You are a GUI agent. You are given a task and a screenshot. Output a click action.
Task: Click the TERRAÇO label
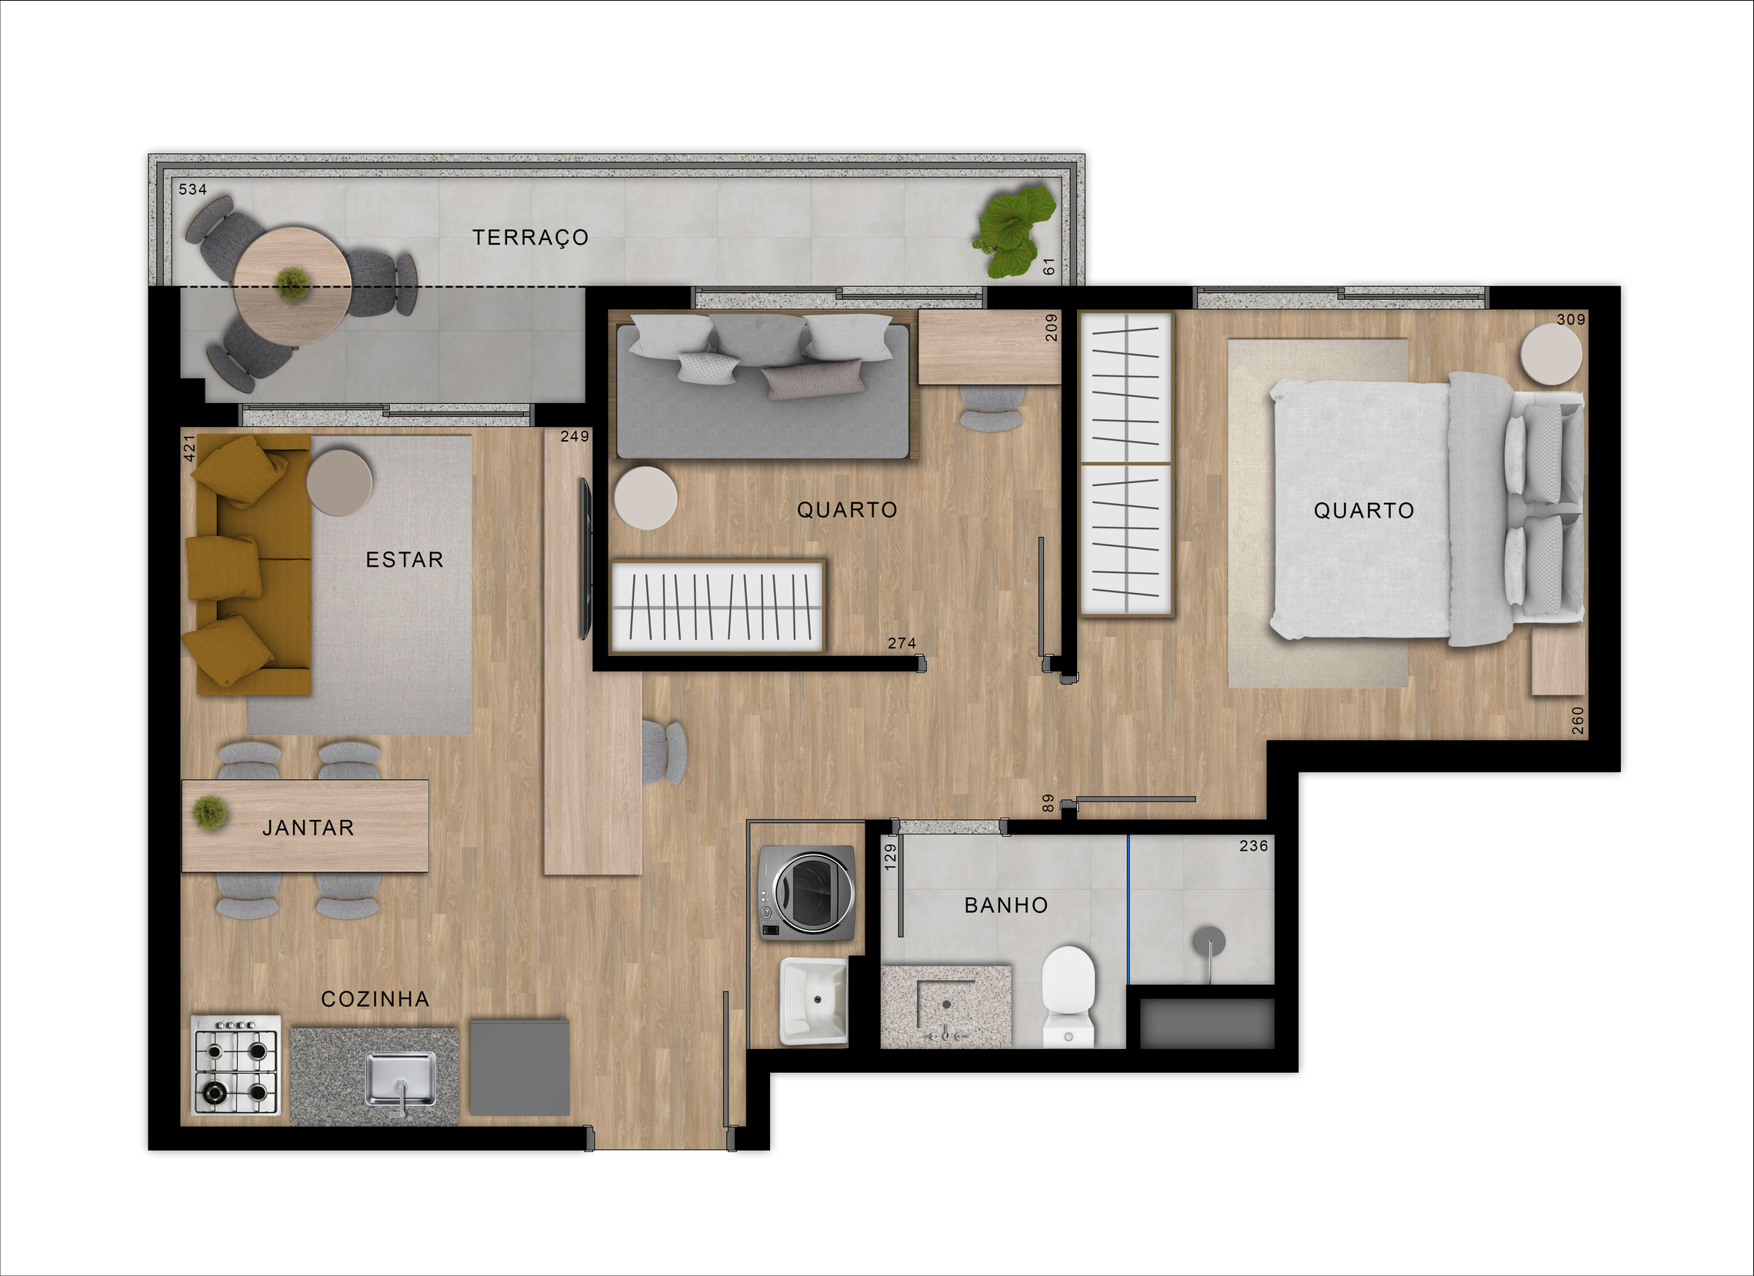pos(531,238)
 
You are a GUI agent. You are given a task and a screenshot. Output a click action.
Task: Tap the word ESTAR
pos(405,560)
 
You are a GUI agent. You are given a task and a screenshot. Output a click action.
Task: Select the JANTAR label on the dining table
pos(308,828)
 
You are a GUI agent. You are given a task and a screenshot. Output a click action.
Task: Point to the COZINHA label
pos(375,999)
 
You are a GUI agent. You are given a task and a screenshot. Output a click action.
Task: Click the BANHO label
pos(1006,905)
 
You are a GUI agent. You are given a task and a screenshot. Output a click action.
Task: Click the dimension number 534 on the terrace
pos(192,189)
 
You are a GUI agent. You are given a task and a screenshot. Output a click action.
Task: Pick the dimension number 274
pos(902,643)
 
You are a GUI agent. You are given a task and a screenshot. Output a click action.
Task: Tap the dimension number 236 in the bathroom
pos(1254,846)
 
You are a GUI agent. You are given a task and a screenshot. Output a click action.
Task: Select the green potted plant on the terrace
pos(1014,230)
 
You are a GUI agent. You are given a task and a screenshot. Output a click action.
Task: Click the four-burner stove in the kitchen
pos(237,1065)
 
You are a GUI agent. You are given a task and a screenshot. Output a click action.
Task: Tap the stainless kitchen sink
pos(401,1080)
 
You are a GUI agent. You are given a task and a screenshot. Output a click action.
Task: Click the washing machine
pos(808,893)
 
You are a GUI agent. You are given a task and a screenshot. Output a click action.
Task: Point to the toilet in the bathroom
pos(1068,997)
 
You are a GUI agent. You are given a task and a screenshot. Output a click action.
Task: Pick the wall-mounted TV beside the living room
pos(586,558)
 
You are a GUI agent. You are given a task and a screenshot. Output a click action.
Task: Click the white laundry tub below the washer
pos(815,1001)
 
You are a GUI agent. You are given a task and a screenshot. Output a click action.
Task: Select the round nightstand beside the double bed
pos(1552,354)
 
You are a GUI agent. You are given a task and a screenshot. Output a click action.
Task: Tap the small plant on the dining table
pos(209,814)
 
